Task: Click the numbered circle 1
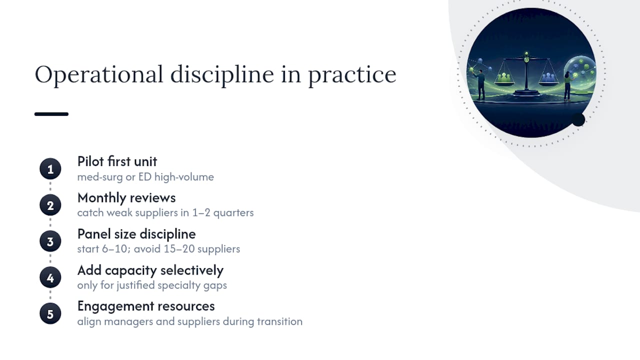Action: coord(50,169)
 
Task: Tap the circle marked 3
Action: coord(50,241)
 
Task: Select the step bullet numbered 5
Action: coord(50,313)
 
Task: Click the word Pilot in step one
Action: coord(90,161)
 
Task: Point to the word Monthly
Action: coord(101,198)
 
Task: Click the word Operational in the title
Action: coord(99,75)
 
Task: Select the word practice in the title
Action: coord(352,75)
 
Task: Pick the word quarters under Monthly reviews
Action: coord(233,213)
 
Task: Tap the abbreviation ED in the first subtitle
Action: coord(145,177)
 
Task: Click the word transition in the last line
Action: coord(279,321)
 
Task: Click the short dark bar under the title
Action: coord(51,114)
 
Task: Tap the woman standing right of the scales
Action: coord(567,85)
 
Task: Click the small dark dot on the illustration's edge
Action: coord(578,119)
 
